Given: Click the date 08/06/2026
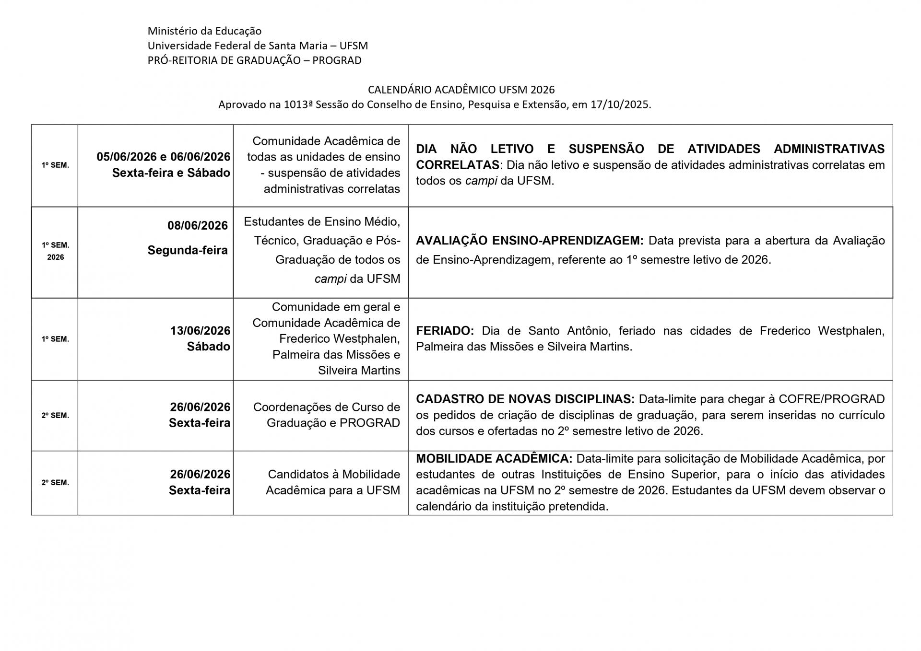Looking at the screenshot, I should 197,225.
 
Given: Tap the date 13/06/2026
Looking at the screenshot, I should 200,331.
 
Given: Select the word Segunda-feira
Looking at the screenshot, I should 188,250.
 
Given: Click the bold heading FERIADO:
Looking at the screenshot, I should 445,331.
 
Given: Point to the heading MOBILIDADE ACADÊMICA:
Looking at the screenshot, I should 494,459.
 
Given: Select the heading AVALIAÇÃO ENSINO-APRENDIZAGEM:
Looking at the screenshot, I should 530,241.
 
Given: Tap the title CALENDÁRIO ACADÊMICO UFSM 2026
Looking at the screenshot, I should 461,90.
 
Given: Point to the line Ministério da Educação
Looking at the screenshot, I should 204,31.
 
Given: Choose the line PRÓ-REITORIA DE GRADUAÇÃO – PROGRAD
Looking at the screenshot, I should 254,60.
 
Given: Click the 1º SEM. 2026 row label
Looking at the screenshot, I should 55,251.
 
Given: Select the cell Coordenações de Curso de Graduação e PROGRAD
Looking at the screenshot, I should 326,415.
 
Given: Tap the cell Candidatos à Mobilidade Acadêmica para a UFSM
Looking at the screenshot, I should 333,482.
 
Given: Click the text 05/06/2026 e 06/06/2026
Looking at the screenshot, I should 163,157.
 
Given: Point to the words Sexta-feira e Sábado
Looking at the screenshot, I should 171,173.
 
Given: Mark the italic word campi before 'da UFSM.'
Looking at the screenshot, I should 481,181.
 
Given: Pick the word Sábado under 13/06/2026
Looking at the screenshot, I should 208,347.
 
